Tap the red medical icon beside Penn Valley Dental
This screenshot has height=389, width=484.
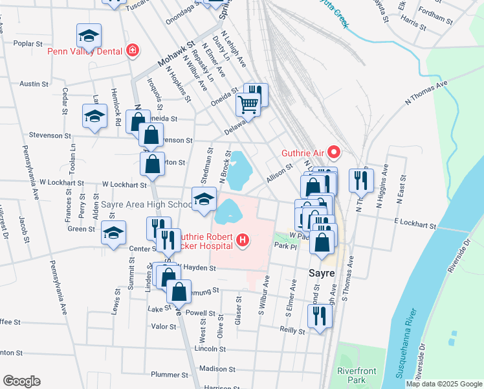pyautogui.click(x=133, y=50)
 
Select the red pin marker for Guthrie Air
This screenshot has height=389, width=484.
pyautogui.click(x=334, y=153)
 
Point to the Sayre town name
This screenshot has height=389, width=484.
pyautogui.click(x=321, y=273)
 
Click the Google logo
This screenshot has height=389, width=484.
pyautogui.click(x=21, y=381)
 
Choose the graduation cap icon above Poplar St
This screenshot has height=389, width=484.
pyautogui.click(x=89, y=35)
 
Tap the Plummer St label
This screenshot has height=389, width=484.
pyautogui.click(x=169, y=375)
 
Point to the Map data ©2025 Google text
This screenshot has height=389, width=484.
pyautogui.click(x=443, y=384)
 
